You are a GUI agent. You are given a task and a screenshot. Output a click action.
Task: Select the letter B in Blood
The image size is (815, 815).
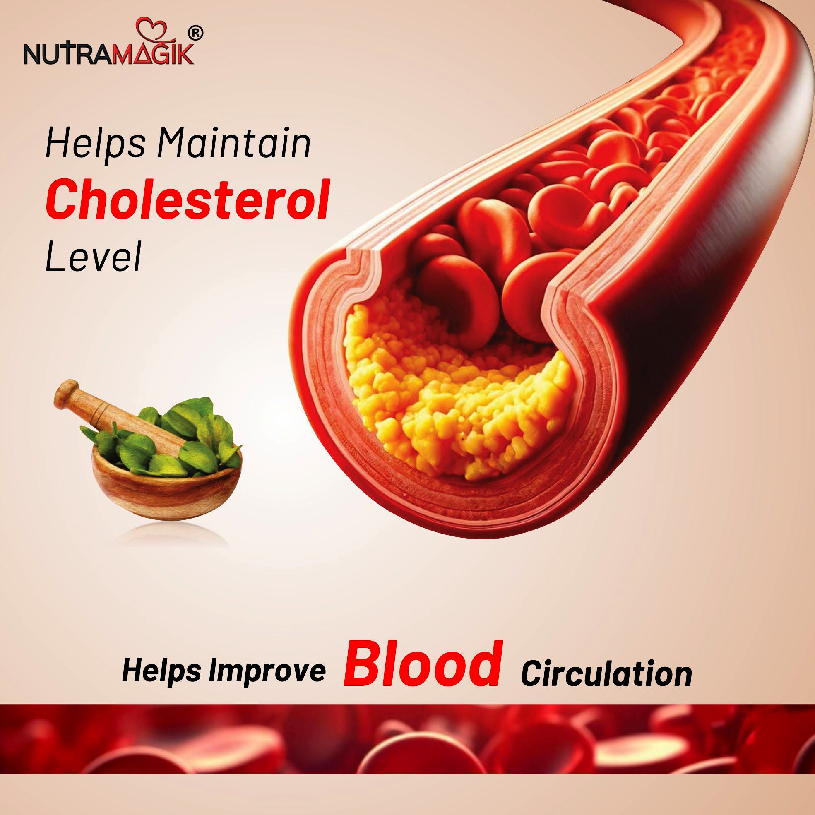tap(363, 665)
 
